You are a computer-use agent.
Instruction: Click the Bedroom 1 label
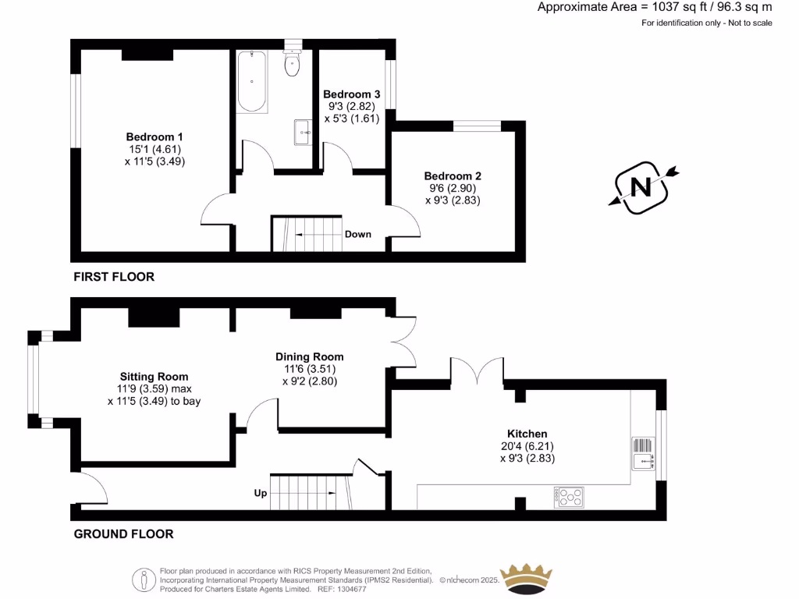[149, 134]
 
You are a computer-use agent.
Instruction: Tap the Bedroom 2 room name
[449, 175]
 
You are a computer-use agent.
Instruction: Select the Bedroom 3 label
[351, 94]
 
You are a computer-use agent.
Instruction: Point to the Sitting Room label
[154, 376]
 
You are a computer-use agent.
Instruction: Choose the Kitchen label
[527, 434]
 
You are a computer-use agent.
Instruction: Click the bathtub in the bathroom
[252, 81]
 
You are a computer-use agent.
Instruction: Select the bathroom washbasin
[303, 133]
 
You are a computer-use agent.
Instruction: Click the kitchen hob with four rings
[568, 497]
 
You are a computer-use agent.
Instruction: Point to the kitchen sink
[643, 453]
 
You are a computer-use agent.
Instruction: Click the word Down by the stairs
[358, 234]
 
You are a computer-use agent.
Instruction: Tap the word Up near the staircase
[261, 493]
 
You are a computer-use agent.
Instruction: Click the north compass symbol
[642, 187]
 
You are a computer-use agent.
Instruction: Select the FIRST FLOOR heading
[114, 277]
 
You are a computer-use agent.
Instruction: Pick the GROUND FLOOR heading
[123, 534]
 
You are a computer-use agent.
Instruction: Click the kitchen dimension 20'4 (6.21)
[527, 446]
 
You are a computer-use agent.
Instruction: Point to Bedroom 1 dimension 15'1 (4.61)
[149, 148]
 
